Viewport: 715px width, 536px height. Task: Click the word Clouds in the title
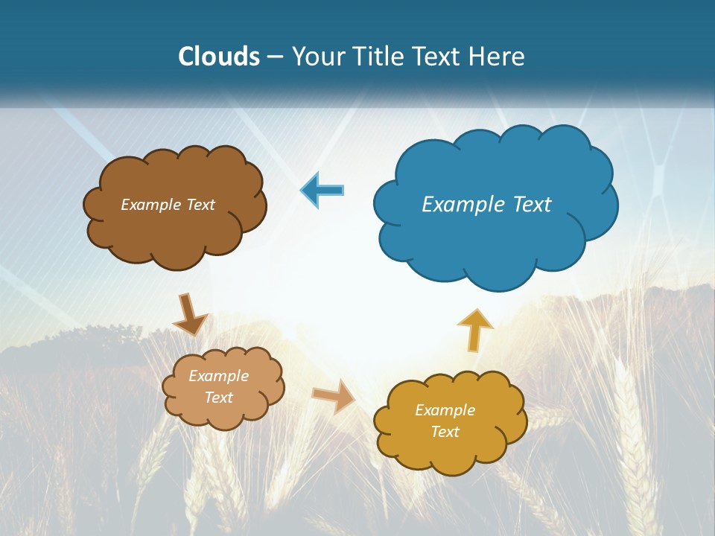(x=219, y=57)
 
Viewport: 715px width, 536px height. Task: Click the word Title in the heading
(x=379, y=57)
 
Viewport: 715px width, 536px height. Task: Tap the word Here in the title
(x=497, y=57)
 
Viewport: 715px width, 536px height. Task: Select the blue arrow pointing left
(x=322, y=190)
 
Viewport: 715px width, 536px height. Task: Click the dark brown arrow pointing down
(x=189, y=315)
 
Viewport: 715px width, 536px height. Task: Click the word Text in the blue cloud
(x=533, y=205)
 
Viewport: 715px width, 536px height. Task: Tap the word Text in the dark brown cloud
(x=200, y=205)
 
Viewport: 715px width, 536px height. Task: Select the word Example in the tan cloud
(x=218, y=376)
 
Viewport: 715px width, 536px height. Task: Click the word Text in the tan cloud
(x=218, y=398)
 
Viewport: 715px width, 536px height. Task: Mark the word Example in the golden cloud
(x=445, y=410)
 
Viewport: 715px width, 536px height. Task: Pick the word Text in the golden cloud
(x=445, y=432)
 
